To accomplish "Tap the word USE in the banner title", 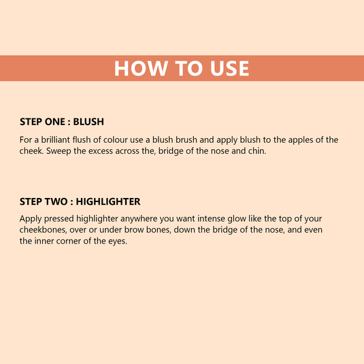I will (x=225, y=69).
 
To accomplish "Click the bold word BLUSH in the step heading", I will (x=88, y=122).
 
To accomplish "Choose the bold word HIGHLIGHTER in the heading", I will (x=108, y=201).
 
